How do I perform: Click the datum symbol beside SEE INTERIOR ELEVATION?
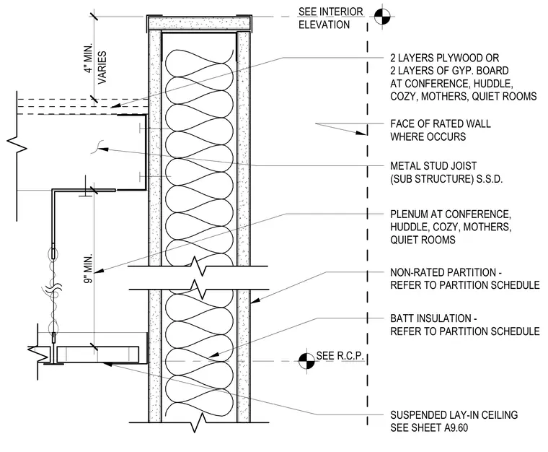pyautogui.click(x=382, y=17)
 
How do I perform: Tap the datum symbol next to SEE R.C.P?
pyautogui.click(x=306, y=361)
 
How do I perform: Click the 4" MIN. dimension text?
pyautogui.click(x=89, y=58)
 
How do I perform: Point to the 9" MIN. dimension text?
pyautogui.click(x=89, y=269)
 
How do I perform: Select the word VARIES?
pyautogui.click(x=102, y=68)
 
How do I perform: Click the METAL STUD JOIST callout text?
pyautogui.click(x=433, y=166)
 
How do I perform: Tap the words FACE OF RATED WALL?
pyautogui.click(x=441, y=123)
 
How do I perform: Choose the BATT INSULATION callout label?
pyautogui.click(x=434, y=318)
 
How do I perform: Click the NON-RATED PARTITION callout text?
pyautogui.click(x=446, y=272)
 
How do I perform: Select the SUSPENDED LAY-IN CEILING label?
pyautogui.click(x=454, y=415)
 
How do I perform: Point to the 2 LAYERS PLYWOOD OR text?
pyautogui.click(x=445, y=58)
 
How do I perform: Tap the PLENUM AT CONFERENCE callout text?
pyautogui.click(x=451, y=214)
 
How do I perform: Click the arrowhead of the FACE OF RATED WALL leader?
pyautogui.click(x=361, y=133)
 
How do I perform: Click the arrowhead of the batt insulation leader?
pyautogui.click(x=214, y=355)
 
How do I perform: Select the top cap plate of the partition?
pyautogui.click(x=198, y=23)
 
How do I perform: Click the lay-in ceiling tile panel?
pyautogui.click(x=98, y=354)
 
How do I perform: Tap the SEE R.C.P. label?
pyautogui.click(x=340, y=356)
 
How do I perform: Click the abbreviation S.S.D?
pyautogui.click(x=490, y=179)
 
